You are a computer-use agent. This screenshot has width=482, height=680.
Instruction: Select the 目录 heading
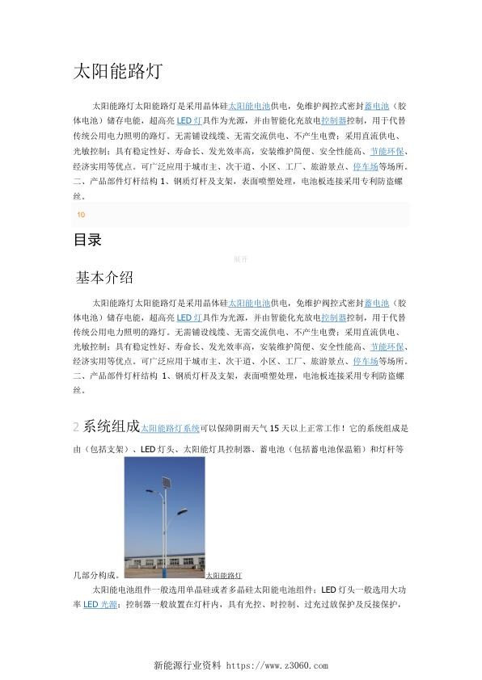coord(87,240)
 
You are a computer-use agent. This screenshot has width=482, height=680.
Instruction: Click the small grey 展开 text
coord(240,259)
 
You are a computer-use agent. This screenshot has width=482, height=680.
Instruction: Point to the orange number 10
coord(81,215)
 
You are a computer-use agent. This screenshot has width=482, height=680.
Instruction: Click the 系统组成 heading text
coord(112,426)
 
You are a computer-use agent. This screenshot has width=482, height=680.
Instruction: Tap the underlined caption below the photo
coord(224,575)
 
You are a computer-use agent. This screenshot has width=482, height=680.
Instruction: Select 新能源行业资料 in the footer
coord(188,665)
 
